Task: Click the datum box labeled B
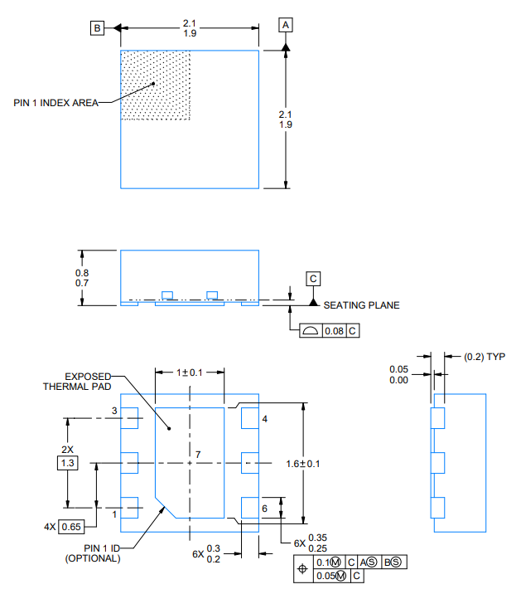click(98, 28)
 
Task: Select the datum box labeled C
click(314, 279)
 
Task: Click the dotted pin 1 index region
click(157, 85)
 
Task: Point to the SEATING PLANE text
click(361, 305)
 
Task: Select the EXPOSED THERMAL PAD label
click(80, 382)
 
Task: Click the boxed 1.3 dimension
click(67, 463)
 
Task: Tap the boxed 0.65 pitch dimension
click(70, 526)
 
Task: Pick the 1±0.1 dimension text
click(190, 372)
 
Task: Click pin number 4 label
click(264, 420)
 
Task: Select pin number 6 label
click(264, 508)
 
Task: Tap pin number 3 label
click(114, 411)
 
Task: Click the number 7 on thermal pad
click(198, 455)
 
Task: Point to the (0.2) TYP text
click(485, 357)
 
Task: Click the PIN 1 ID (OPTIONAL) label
click(93, 553)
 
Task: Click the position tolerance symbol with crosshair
click(302, 569)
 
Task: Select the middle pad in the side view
click(439, 461)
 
